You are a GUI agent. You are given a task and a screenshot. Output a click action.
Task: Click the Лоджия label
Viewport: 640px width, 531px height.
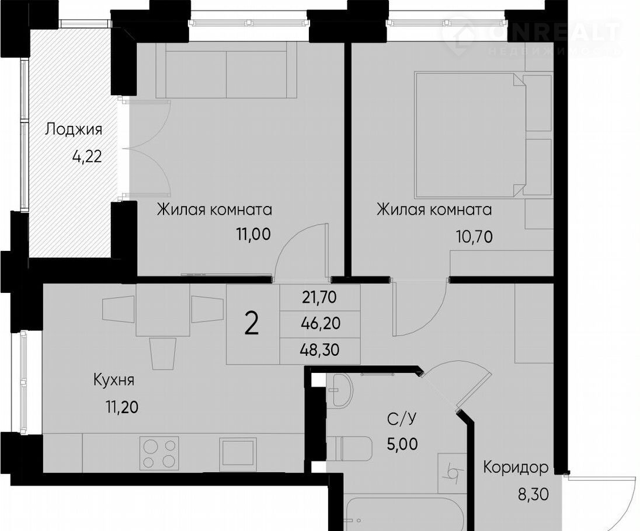[x=74, y=130]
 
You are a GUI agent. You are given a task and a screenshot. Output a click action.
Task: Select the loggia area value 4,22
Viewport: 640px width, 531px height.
[x=87, y=156]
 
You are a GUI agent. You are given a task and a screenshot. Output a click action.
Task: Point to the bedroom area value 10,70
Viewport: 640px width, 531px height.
[x=474, y=236]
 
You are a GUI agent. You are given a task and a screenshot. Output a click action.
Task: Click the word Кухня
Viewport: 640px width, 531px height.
[x=114, y=381]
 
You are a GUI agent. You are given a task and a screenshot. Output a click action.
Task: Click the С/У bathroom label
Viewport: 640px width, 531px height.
[x=402, y=419]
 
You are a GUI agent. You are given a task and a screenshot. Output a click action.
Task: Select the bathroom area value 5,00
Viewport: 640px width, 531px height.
[x=402, y=443]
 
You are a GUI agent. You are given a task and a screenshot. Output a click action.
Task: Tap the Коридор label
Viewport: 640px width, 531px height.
[x=516, y=468]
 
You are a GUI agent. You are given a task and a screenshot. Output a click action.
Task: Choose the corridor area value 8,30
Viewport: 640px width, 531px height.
[x=533, y=495]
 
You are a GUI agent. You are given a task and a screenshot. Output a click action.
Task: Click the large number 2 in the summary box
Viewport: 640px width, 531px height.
[x=252, y=324]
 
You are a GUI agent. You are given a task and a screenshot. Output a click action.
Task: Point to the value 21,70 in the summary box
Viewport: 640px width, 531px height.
[x=319, y=298]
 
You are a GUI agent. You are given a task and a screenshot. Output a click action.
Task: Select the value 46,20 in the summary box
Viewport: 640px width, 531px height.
[x=321, y=323]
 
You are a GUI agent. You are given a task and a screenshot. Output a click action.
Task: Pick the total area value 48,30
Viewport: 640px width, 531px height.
[x=320, y=350]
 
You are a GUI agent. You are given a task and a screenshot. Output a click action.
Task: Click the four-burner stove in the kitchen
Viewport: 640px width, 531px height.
[x=159, y=452]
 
